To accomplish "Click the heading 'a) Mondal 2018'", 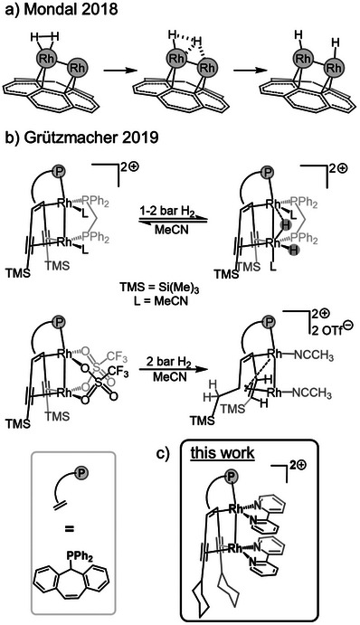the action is point(61,10).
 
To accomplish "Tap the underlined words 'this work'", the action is point(222,453).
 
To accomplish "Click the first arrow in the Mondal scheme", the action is point(117,71).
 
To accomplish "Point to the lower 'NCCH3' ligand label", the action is point(313,393).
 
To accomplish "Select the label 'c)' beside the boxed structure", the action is point(162,453).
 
